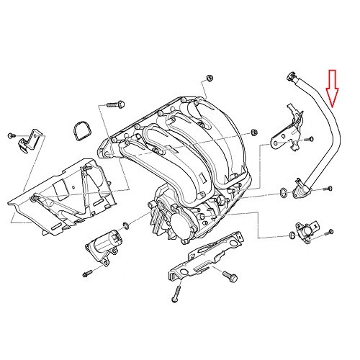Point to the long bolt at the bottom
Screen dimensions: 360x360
pyautogui.click(x=174, y=292)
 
